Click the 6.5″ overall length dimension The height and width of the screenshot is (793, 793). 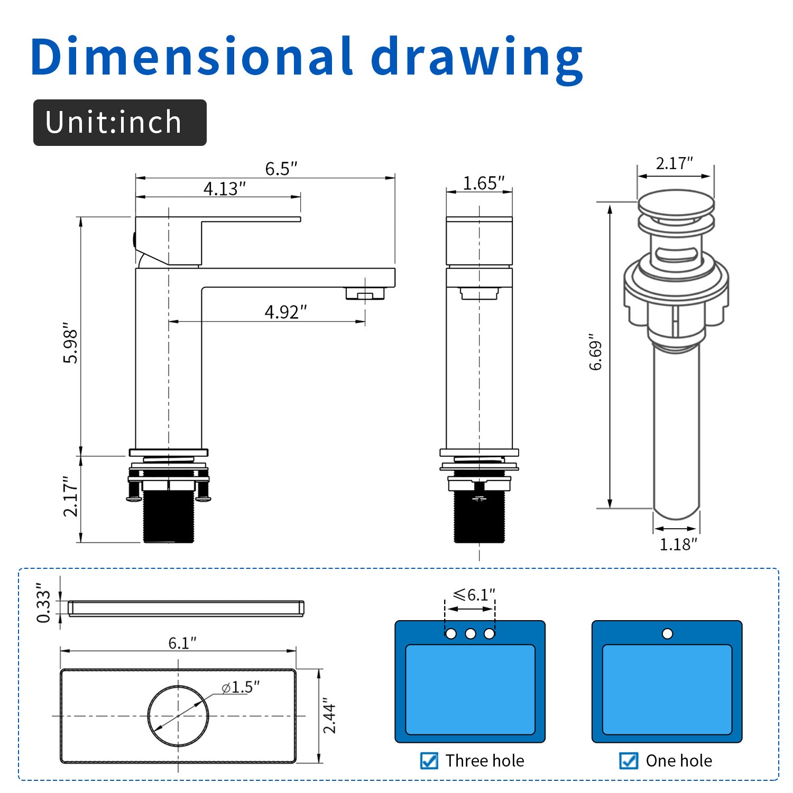pyautogui.click(x=281, y=169)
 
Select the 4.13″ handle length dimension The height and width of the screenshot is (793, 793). pyautogui.click(x=225, y=188)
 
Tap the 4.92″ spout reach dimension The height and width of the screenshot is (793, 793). pyautogui.click(x=285, y=312)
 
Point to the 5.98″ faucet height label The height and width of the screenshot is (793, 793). pyautogui.click(x=71, y=343)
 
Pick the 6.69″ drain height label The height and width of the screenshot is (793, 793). pyautogui.click(x=596, y=352)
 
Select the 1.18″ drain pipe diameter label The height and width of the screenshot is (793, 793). pyautogui.click(x=678, y=544)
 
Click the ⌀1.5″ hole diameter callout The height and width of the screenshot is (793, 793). pyautogui.click(x=241, y=687)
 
